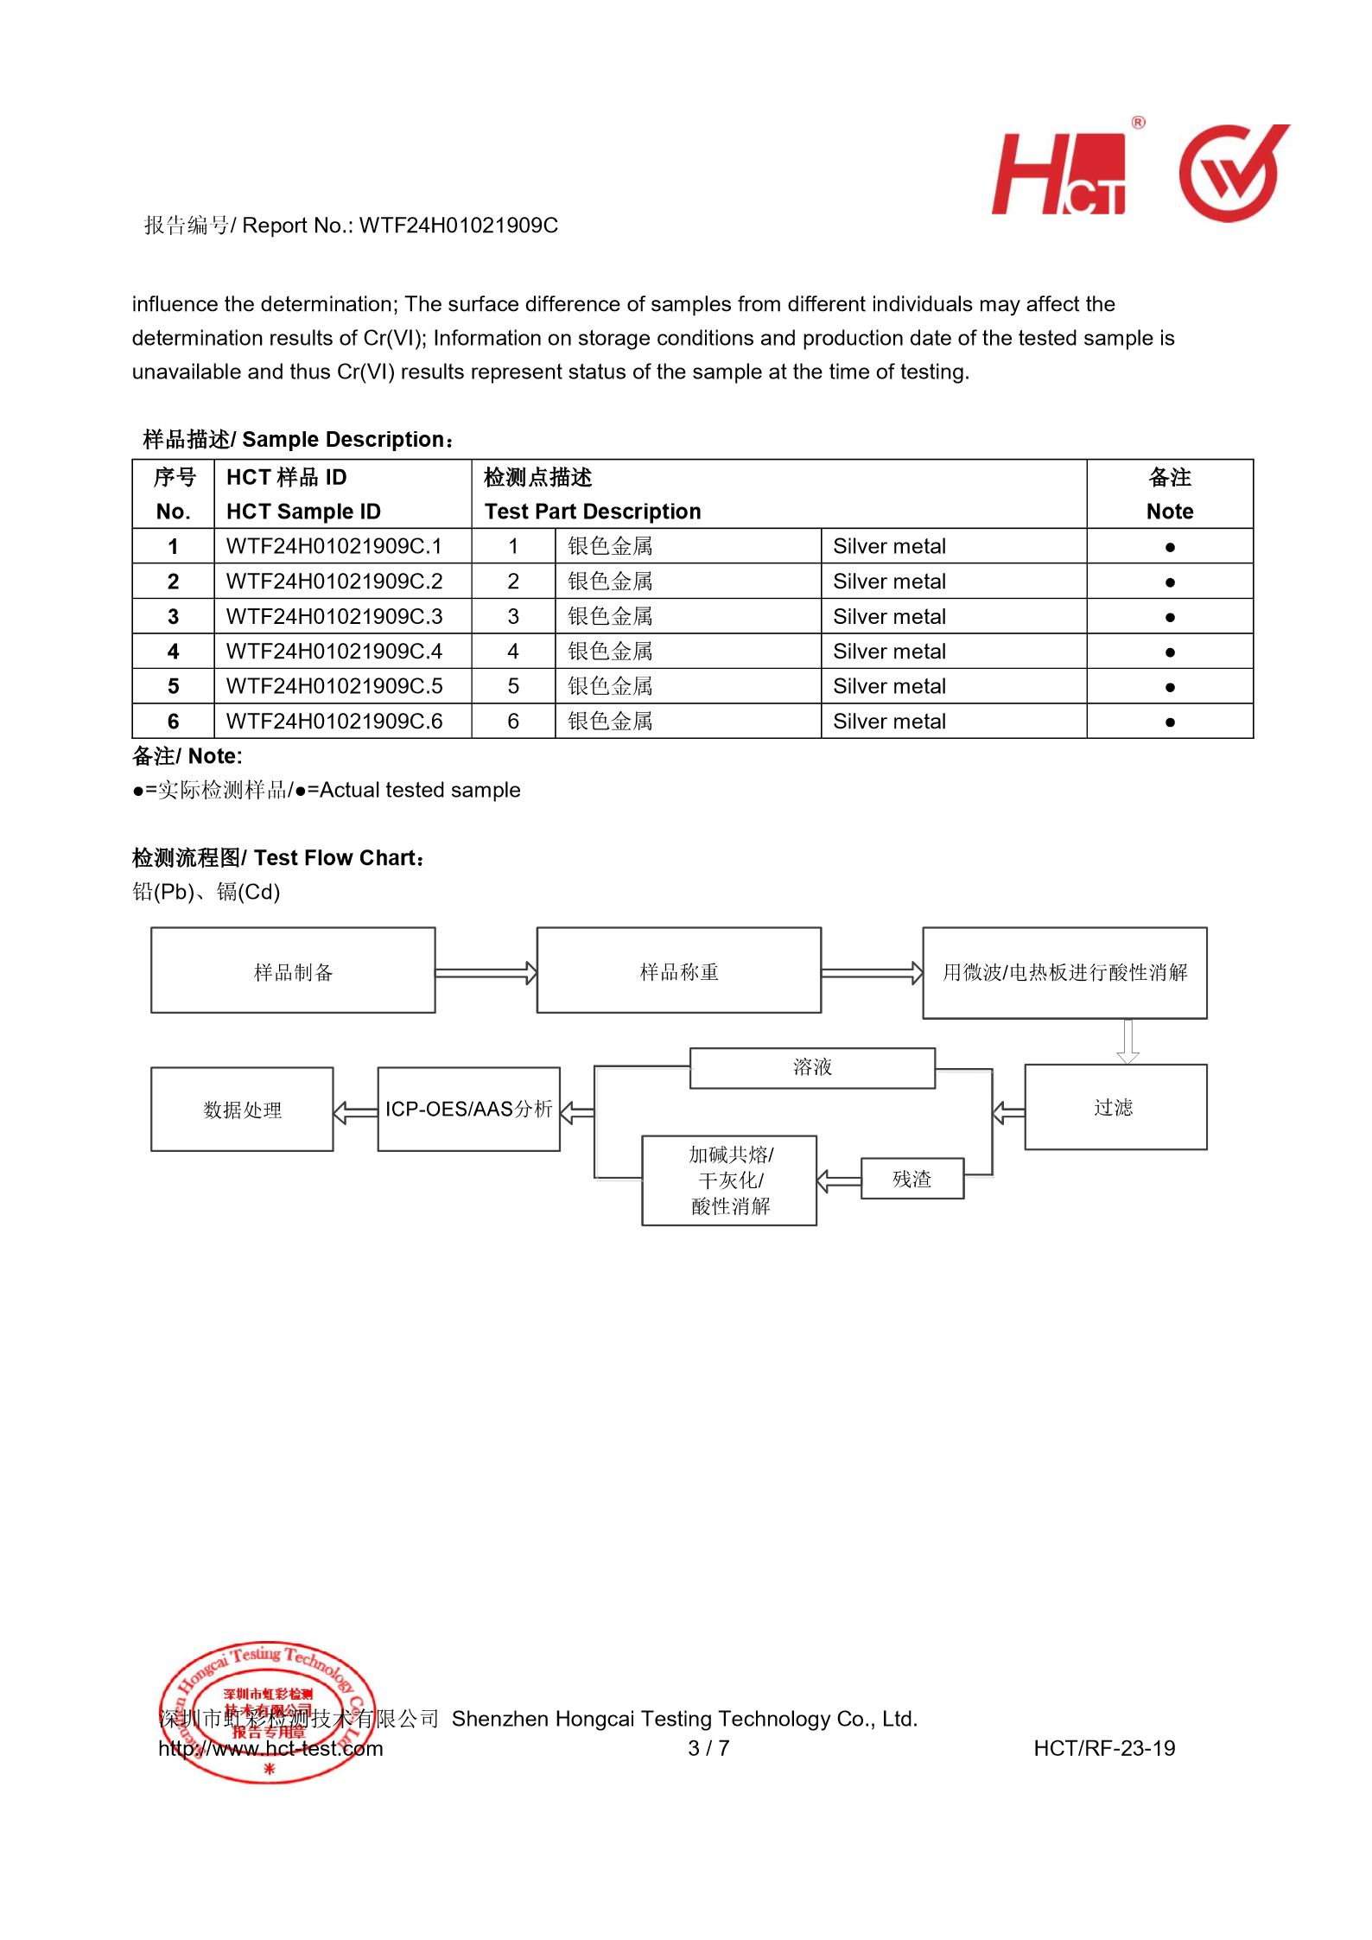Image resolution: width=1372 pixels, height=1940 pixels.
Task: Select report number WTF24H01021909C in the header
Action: (458, 226)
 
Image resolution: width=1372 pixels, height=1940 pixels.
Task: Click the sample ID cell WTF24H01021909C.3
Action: (334, 616)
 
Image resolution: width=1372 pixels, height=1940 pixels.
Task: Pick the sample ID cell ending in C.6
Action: (334, 721)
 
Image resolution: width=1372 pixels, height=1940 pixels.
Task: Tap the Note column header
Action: (1169, 494)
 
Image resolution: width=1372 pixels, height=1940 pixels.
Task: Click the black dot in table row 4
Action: (1169, 652)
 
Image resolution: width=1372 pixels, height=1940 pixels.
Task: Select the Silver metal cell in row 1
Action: (889, 546)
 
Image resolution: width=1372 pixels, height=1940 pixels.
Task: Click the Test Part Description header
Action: (593, 512)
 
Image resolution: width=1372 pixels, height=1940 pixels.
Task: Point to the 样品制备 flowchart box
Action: (293, 970)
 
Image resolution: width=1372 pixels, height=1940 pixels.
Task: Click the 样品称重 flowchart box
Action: (678, 970)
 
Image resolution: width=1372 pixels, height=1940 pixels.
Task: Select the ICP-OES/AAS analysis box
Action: (468, 1109)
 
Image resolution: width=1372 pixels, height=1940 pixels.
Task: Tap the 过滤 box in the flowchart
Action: (1115, 1107)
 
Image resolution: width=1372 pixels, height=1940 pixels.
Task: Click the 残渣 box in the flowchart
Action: (911, 1179)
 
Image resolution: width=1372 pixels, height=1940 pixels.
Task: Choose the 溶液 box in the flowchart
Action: (812, 1067)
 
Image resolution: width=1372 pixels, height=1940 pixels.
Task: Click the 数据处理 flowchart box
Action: (242, 1110)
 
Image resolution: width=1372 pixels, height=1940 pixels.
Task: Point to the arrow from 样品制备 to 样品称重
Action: (486, 973)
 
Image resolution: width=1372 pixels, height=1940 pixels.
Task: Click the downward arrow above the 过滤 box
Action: (1127, 1041)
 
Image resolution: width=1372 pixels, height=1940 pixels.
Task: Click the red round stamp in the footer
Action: (267, 1712)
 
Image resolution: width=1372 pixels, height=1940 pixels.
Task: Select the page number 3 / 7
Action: (708, 1748)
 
